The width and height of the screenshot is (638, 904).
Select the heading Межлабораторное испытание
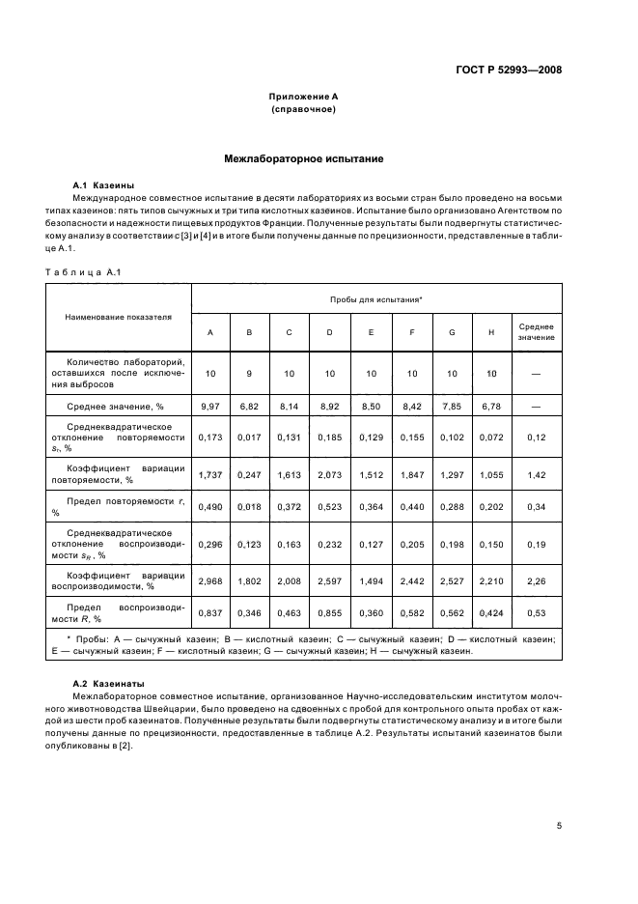click(x=304, y=156)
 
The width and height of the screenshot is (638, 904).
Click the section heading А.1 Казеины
click(x=103, y=184)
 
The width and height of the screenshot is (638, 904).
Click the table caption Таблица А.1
click(x=82, y=271)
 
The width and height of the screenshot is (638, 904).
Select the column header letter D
click(x=330, y=332)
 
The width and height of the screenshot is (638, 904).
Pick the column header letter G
click(x=451, y=332)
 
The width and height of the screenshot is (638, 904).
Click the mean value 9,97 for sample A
click(x=209, y=408)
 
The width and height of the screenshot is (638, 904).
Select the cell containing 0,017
click(x=250, y=438)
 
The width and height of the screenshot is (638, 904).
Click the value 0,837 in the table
click(x=209, y=613)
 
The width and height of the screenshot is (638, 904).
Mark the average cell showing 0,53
click(x=536, y=613)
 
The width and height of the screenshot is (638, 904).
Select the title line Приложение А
click(x=303, y=97)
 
